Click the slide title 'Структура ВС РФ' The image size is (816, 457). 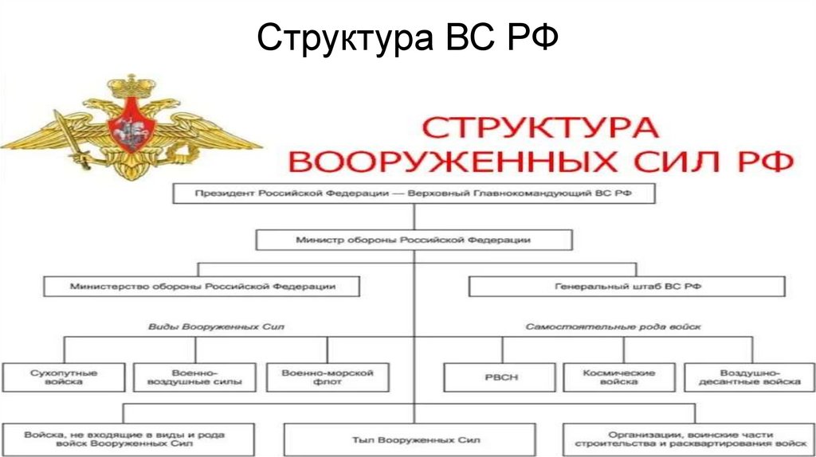pyautogui.click(x=407, y=37)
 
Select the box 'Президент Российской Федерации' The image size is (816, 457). pyautogui.click(x=414, y=193)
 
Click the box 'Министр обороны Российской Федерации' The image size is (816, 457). pyautogui.click(x=414, y=240)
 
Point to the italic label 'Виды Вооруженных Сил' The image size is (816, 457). pyautogui.click(x=217, y=327)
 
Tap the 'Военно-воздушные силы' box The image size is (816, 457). pyautogui.click(x=194, y=377)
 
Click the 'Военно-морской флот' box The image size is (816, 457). pyautogui.click(x=327, y=377)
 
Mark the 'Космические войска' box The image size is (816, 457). pyautogui.click(x=619, y=377)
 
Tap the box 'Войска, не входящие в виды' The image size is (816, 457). pyautogui.click(x=127, y=439)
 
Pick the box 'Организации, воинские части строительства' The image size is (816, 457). pyautogui.click(x=690, y=439)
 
